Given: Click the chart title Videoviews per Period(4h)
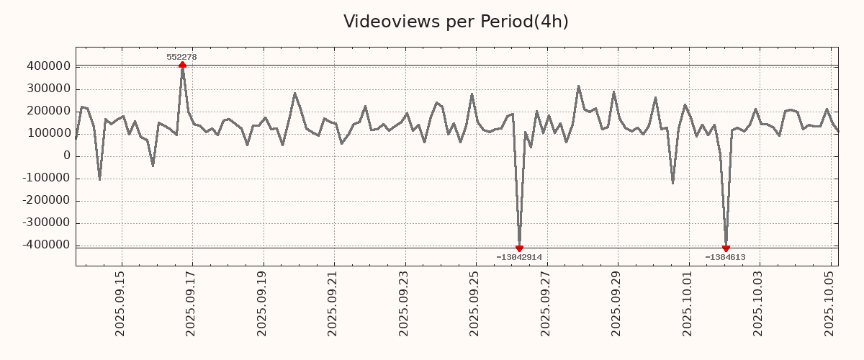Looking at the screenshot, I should pos(456,22).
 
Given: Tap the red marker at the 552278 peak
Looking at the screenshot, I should pos(182,65).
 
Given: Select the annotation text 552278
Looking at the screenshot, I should pos(181,57).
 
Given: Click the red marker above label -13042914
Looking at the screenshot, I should pos(519,248).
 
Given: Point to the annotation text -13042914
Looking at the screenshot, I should pos(519,257).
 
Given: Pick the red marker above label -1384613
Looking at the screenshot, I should pos(726,248).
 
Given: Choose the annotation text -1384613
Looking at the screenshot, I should pos(725,257).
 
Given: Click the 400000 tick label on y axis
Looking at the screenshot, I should pos(47,66).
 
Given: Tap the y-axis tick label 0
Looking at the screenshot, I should pos(67,156).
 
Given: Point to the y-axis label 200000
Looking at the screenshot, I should pos(47,111).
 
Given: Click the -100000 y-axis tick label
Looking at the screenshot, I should pos(45,178).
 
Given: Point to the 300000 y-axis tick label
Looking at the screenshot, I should pos(47,89).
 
